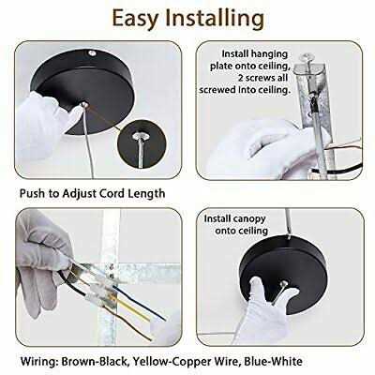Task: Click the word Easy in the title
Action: point(135,19)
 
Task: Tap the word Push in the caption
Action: point(32,193)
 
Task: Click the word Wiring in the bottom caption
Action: point(39,362)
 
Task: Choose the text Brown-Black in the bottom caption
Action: point(94,361)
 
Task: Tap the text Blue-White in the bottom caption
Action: point(273,361)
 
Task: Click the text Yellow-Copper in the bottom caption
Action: point(171,362)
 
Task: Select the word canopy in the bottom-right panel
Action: point(249,219)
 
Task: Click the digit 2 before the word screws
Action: point(241,78)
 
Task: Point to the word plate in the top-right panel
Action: point(221,67)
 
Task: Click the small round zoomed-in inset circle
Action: point(142,143)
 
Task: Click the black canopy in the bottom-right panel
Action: point(283,274)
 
